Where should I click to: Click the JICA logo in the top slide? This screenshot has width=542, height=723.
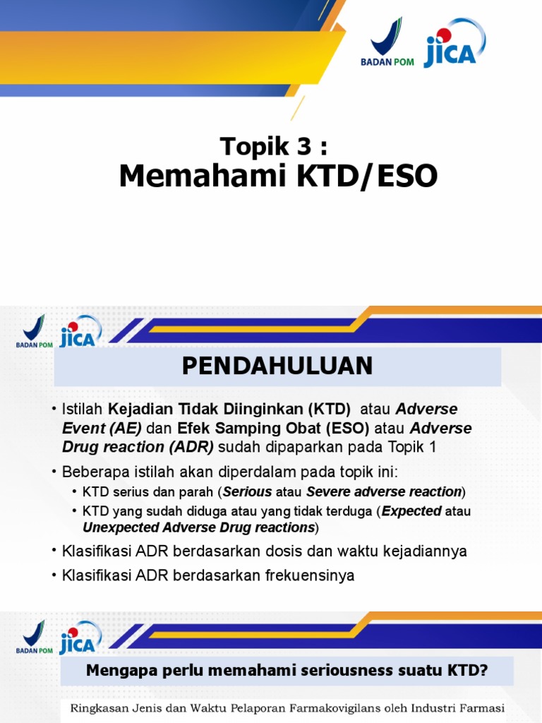click(x=454, y=44)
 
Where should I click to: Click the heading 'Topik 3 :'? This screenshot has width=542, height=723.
click(x=274, y=147)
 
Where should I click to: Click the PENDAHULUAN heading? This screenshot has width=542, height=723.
click(x=277, y=366)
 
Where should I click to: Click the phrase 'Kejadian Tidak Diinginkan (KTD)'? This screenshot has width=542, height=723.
click(x=229, y=410)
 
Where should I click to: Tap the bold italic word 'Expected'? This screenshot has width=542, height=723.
click(x=411, y=510)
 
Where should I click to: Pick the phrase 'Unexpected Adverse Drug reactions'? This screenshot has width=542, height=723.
click(x=199, y=528)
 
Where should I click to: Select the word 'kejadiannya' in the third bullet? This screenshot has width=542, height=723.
click(x=426, y=551)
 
